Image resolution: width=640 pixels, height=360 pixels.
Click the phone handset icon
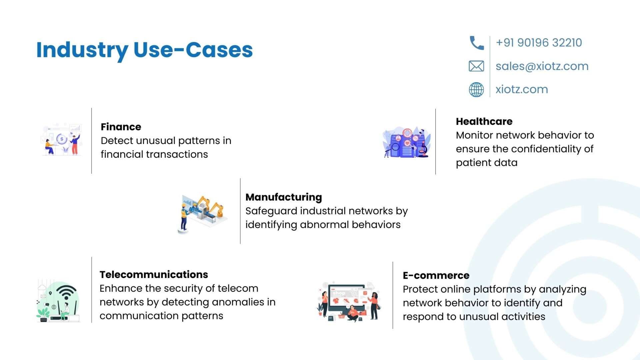tap(477, 43)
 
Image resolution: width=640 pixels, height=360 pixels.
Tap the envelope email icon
tap(476, 66)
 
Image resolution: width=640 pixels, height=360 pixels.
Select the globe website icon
tap(476, 90)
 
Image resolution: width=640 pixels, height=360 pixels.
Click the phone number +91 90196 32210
tap(539, 43)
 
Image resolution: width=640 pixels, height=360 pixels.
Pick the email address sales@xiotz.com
tap(542, 66)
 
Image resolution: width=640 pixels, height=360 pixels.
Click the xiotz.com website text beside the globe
tap(522, 89)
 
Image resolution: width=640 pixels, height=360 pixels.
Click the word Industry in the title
tap(82, 50)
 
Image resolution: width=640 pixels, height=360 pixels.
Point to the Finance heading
tap(121, 127)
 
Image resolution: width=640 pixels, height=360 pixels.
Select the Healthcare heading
tap(484, 122)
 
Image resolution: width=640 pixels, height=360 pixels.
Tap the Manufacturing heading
tap(284, 197)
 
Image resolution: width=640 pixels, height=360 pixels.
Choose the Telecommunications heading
tap(154, 275)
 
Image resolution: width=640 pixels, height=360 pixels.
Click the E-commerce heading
tap(436, 276)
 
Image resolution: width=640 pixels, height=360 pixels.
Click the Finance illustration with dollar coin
tap(62, 139)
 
